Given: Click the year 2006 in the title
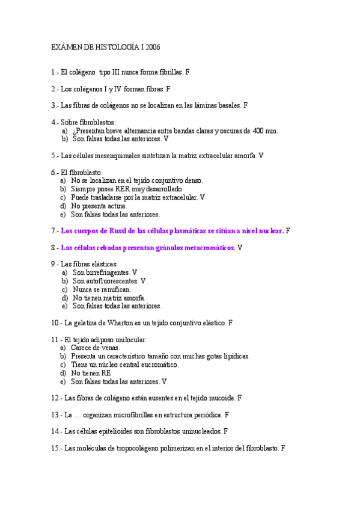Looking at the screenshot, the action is pos(153,46).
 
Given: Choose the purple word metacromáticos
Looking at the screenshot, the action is pos(203,247).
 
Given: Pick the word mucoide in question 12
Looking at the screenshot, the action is pos(221,398).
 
